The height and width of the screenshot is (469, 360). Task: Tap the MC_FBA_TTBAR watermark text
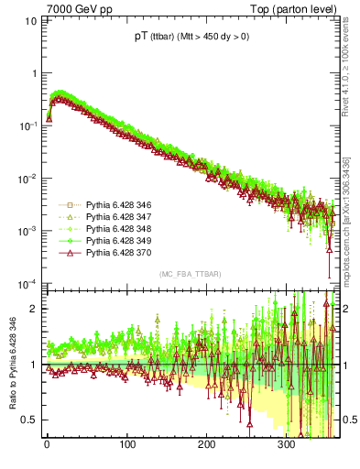(x=189, y=274)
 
